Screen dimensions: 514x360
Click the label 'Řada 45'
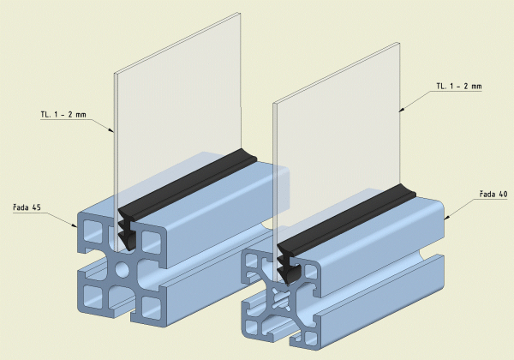[x=27, y=207]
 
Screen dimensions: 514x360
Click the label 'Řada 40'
[x=493, y=194]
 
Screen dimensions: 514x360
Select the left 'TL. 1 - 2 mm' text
[x=63, y=114]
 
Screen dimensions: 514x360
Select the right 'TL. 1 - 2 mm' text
[x=459, y=86]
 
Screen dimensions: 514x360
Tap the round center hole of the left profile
[x=122, y=270]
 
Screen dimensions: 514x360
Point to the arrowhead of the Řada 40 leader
[x=448, y=217]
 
